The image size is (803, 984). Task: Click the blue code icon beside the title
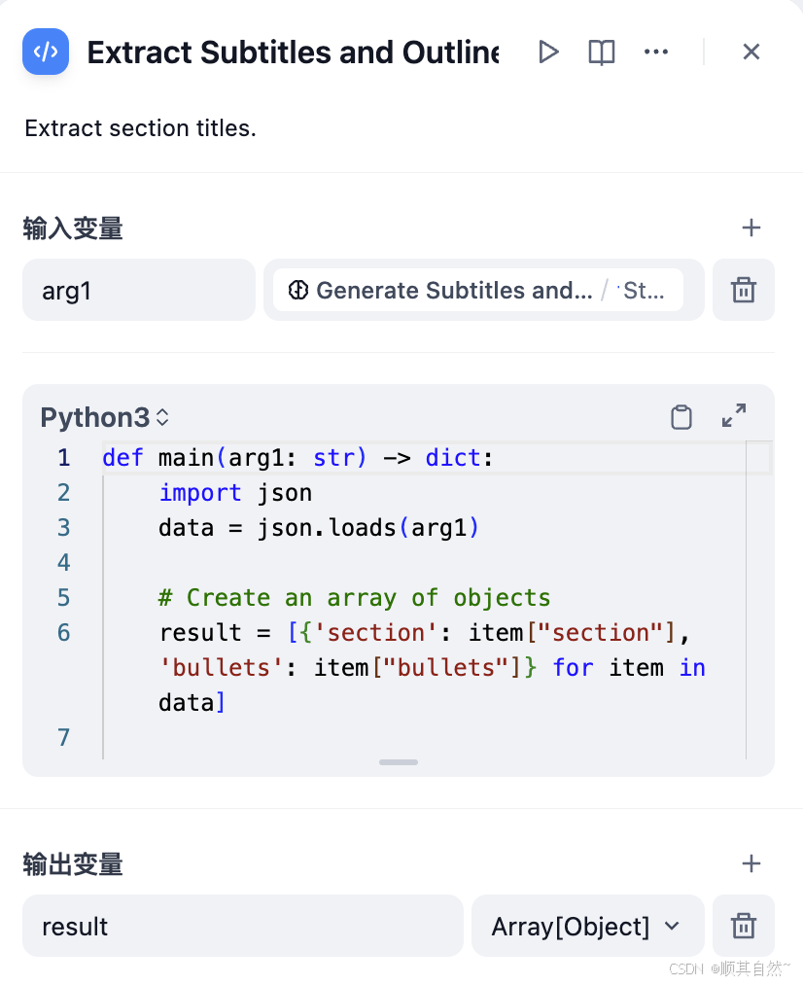(x=46, y=52)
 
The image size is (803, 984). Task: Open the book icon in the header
(x=602, y=52)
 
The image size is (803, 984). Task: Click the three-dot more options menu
(x=656, y=52)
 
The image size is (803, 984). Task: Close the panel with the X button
(x=751, y=52)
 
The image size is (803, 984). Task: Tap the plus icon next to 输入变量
(x=751, y=228)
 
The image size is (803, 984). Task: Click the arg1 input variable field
(x=138, y=290)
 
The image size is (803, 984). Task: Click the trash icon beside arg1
(x=743, y=290)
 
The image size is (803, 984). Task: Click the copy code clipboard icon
(x=681, y=417)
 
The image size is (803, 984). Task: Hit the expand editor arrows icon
(x=734, y=416)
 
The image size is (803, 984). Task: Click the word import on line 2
(x=200, y=493)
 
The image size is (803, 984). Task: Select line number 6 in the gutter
(x=63, y=633)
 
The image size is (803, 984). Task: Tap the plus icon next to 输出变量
(x=751, y=863)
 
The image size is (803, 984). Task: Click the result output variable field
(x=242, y=926)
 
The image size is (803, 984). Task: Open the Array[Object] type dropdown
(x=586, y=926)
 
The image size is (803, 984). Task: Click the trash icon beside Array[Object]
(x=743, y=926)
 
